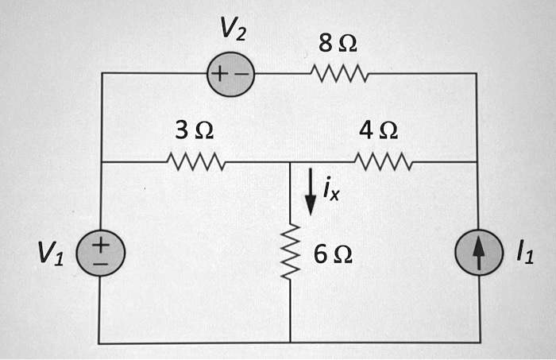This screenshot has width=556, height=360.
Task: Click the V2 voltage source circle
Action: pos(230,75)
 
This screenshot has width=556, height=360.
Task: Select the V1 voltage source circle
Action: pos(100,254)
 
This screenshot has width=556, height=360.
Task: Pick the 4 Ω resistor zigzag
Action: pos(384,162)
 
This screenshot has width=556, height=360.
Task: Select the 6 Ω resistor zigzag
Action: pos(291,253)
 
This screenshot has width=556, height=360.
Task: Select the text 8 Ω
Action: pos(338,45)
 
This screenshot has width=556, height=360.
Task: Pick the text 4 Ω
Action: pos(379,130)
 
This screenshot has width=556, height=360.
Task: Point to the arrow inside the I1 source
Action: pos(478,254)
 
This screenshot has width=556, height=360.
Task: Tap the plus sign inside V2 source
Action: pos(220,75)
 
